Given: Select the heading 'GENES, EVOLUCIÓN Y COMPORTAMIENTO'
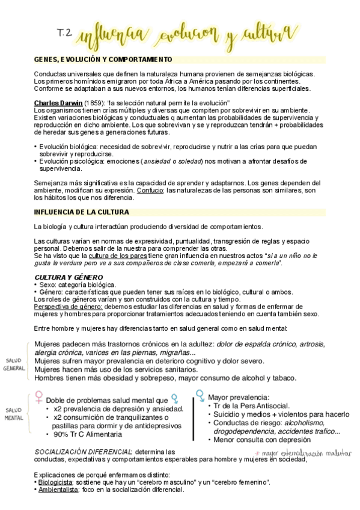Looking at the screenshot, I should (x=103, y=59).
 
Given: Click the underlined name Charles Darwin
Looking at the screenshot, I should (x=58, y=103).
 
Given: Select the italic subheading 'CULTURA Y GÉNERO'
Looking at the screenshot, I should (x=69, y=277).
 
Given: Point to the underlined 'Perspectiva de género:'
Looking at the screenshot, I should (x=68, y=306).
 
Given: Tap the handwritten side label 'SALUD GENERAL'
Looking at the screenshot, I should (x=14, y=364).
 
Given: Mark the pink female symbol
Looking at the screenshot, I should (x=38, y=398).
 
